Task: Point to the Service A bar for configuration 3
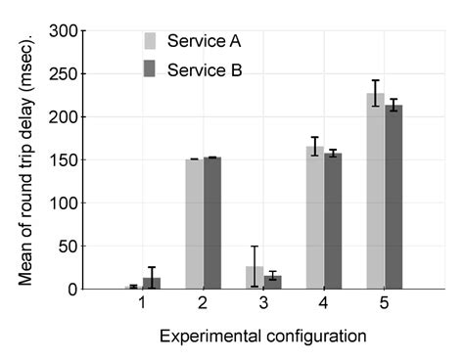click(x=254, y=278)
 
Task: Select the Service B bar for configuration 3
click(x=272, y=283)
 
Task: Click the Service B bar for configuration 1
click(x=151, y=284)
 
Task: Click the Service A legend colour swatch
click(x=151, y=41)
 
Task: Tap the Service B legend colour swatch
click(x=151, y=70)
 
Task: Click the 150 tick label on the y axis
click(x=63, y=159)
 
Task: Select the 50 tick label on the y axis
click(x=67, y=246)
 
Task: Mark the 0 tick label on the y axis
click(x=70, y=290)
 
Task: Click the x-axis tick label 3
click(x=262, y=304)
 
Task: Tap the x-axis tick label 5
click(x=384, y=304)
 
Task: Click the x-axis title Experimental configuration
click(x=262, y=336)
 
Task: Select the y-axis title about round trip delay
click(x=26, y=160)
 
